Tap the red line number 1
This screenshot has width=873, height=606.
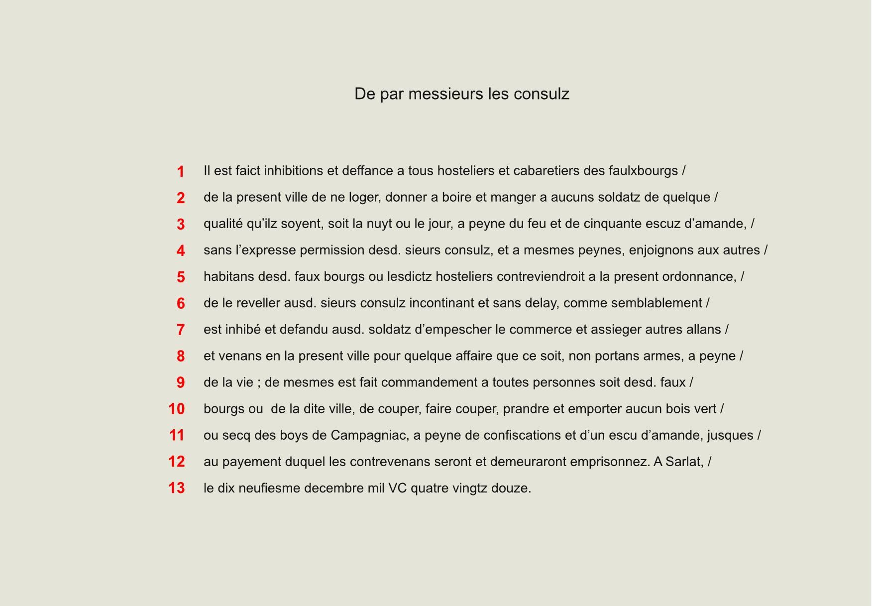coord(181,172)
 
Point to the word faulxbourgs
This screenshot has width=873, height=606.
coord(643,171)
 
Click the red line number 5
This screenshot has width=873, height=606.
coord(181,277)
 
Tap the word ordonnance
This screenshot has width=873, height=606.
coord(698,276)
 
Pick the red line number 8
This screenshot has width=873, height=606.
coord(181,357)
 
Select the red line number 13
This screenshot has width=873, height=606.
coord(177,488)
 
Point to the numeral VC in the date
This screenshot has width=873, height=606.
coord(398,488)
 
